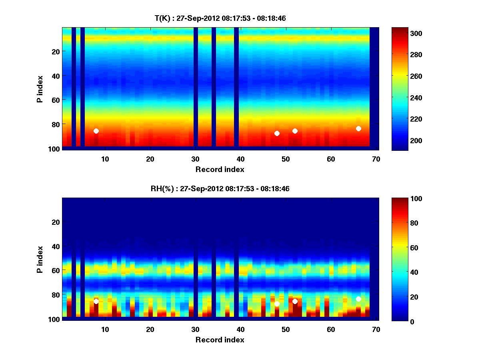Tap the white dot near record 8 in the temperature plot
click(96, 131)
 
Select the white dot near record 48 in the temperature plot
click(277, 133)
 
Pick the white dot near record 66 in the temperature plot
click(358, 128)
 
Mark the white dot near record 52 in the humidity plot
click(295, 301)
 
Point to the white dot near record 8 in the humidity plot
click(96, 301)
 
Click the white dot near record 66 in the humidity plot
click(358, 299)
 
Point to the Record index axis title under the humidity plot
click(220, 340)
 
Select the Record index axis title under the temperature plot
click(220, 169)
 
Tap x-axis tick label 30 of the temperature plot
click(195, 159)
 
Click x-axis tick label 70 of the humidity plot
click(376, 329)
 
